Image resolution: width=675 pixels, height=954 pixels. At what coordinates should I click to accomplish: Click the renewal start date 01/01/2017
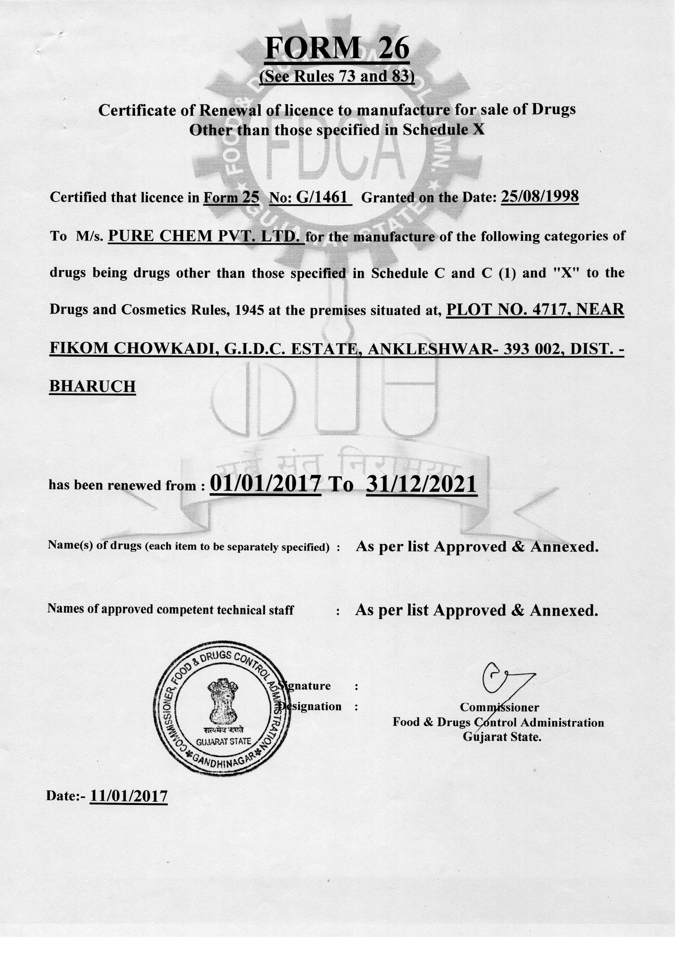(266, 484)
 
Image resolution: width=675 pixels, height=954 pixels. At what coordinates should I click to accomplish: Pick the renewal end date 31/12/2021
(421, 484)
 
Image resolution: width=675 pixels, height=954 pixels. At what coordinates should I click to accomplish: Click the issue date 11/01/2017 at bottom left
(129, 796)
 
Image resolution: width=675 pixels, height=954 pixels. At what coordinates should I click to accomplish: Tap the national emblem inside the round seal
(223, 701)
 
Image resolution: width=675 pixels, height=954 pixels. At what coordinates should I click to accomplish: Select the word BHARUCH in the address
(92, 386)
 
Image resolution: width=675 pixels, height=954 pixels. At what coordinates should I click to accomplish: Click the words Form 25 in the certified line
(231, 197)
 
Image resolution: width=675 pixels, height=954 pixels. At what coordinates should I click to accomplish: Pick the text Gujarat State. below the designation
(502, 737)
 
